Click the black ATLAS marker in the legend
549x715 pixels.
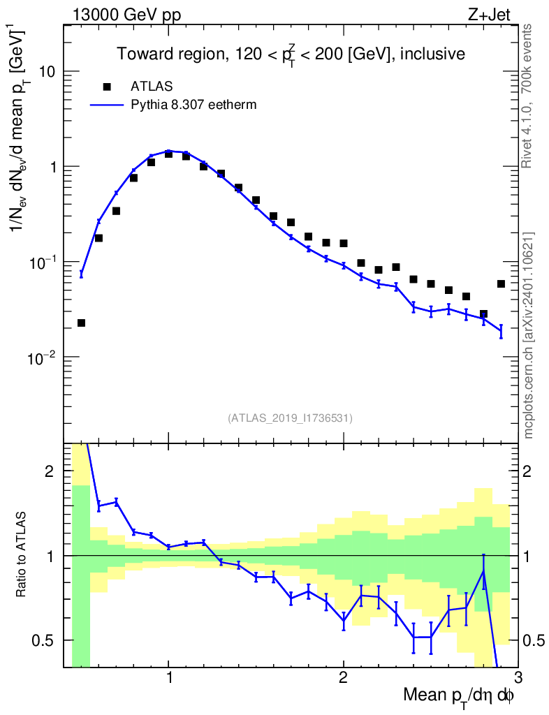click(x=107, y=87)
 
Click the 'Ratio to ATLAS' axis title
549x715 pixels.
click(x=22, y=556)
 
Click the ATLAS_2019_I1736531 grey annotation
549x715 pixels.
click(x=290, y=418)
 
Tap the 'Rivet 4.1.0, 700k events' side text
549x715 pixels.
click(x=529, y=96)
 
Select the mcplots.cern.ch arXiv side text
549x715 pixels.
click(x=529, y=335)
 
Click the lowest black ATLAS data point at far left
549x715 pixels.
click(x=81, y=323)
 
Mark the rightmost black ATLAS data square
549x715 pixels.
click(x=501, y=283)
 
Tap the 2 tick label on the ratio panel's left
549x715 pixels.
click(x=50, y=471)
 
